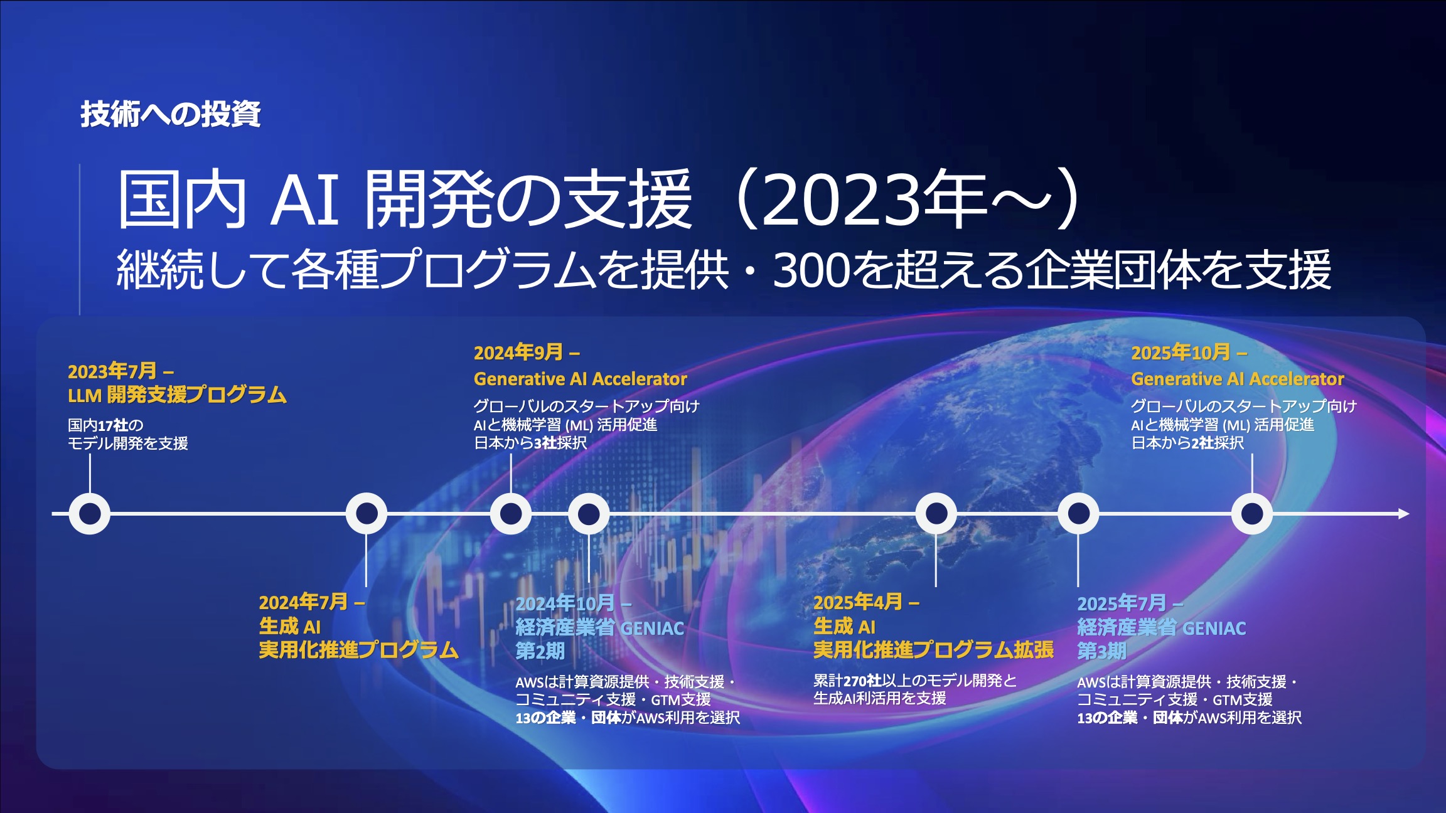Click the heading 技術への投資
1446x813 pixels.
[x=171, y=114]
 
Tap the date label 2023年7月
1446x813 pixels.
[x=112, y=371]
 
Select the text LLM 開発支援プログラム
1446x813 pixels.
[x=177, y=395]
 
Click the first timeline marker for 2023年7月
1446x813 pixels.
[x=90, y=514]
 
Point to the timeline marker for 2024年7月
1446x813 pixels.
[x=367, y=514]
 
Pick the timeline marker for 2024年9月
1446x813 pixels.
[x=511, y=514]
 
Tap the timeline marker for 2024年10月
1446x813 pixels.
[x=589, y=514]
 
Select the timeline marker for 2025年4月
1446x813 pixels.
[x=936, y=514]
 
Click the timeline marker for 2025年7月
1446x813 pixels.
[x=1078, y=514]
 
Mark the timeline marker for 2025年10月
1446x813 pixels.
[x=1252, y=514]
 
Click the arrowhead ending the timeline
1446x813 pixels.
[x=1405, y=514]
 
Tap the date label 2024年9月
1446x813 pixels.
[x=518, y=353]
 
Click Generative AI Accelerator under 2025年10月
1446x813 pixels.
[x=1238, y=379]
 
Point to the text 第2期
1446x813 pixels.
[x=540, y=651]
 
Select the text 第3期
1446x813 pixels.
[x=1102, y=651]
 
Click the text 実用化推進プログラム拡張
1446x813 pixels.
[x=933, y=650]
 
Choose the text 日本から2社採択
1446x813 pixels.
[x=1187, y=443]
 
